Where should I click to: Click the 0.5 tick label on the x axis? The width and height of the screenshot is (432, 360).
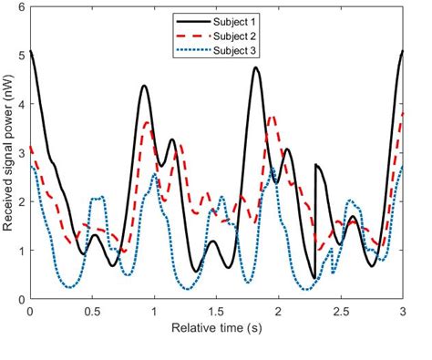(x=92, y=312)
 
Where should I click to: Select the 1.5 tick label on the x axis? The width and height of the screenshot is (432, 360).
(x=216, y=312)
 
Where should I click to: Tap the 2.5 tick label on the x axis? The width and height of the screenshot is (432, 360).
(x=340, y=312)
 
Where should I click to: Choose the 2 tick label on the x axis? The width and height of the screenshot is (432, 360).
(x=279, y=312)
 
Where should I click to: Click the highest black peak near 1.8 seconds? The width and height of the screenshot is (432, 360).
(x=256, y=67)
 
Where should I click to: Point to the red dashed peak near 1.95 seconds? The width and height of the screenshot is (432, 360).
(x=273, y=117)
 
